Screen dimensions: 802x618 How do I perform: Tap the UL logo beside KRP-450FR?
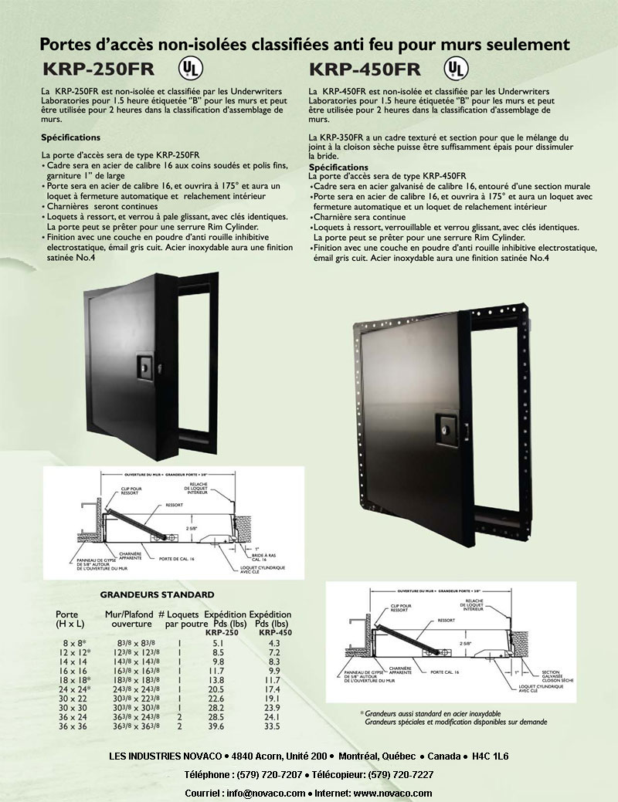(457, 68)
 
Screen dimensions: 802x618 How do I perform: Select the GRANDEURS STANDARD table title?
(157, 595)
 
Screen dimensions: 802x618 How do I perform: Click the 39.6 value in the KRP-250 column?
(217, 727)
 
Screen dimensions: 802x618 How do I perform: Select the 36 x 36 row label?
(70, 727)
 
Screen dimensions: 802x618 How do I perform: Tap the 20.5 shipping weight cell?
(217, 689)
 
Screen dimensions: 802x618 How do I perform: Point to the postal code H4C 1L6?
(490, 756)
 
